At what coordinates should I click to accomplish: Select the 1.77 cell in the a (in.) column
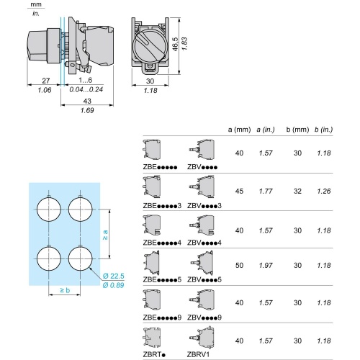[x=267, y=192]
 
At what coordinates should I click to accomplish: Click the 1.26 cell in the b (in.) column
[x=324, y=192]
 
